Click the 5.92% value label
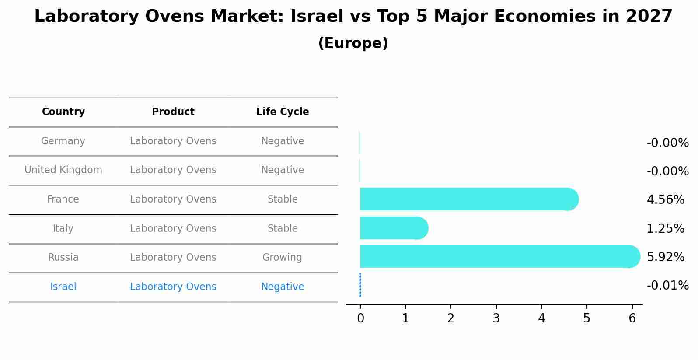[665, 257]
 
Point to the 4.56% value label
[665, 199]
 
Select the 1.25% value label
[665, 228]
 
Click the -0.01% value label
[667, 285]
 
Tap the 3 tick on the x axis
[496, 318]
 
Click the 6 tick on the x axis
[632, 318]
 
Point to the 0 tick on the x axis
[360, 318]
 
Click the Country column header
[63, 112]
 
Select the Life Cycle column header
[283, 112]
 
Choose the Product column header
[173, 112]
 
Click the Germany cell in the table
[63, 141]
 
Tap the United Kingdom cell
[63, 170]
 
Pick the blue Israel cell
[63, 287]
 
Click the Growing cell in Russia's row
[282, 257]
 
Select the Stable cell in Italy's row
[283, 228]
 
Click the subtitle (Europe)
[353, 43]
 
